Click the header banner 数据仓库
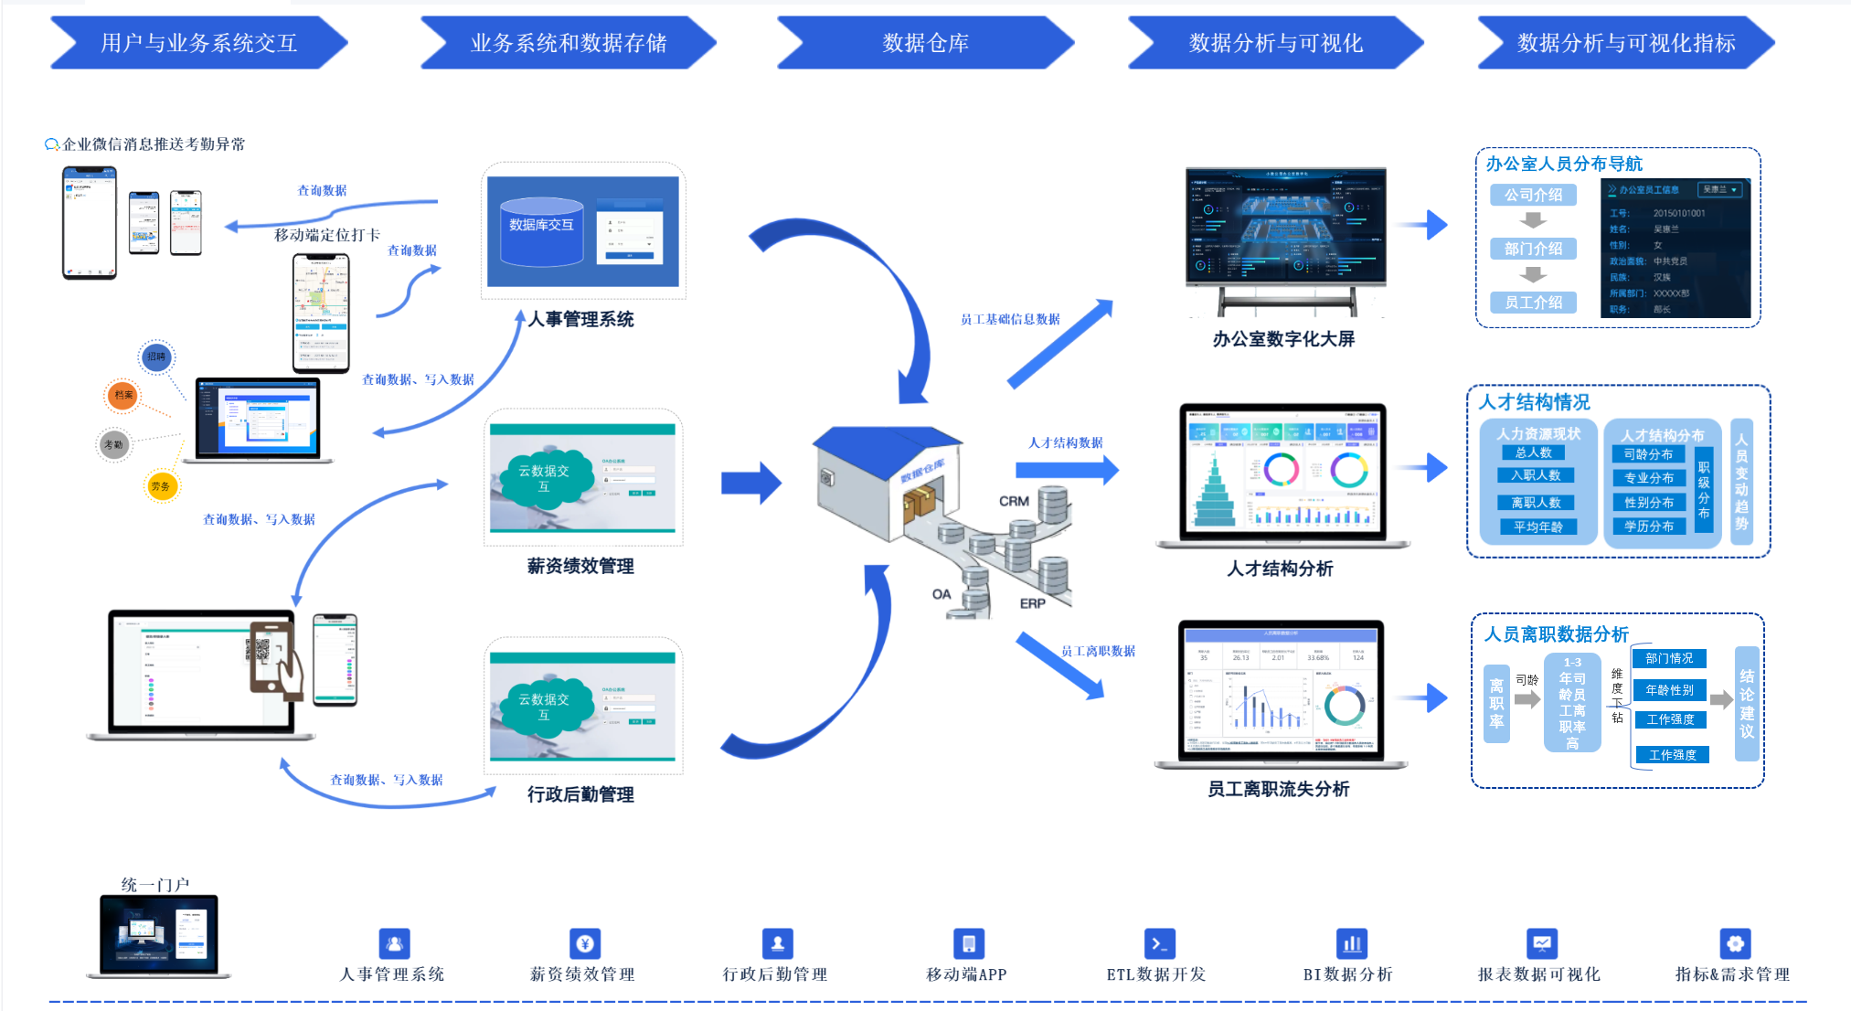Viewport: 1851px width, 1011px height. pyautogui.click(x=925, y=43)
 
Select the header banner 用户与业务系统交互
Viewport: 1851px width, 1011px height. pyautogui.click(x=198, y=43)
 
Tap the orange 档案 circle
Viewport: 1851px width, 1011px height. pyautogui.click(x=122, y=395)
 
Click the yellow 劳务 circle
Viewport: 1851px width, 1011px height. pyautogui.click(x=161, y=486)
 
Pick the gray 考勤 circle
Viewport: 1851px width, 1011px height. pyautogui.click(x=113, y=445)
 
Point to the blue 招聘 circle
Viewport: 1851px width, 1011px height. pyautogui.click(x=156, y=357)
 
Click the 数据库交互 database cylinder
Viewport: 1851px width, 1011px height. pyautogui.click(x=541, y=231)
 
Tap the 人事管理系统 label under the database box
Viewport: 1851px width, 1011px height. pyautogui.click(x=581, y=319)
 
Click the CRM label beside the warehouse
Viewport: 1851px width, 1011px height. pyautogui.click(x=1014, y=501)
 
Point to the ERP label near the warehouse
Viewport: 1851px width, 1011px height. pyautogui.click(x=1032, y=603)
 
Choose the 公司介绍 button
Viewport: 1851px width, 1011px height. pyautogui.click(x=1533, y=195)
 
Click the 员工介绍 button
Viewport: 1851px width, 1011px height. pyautogui.click(x=1533, y=303)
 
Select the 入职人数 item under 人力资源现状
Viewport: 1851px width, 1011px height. pyautogui.click(x=1536, y=475)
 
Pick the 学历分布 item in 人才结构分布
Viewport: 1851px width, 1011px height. pyautogui.click(x=1648, y=527)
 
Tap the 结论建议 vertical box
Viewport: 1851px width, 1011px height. pyautogui.click(x=1746, y=703)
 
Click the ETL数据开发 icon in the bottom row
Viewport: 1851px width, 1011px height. pyautogui.click(x=1159, y=943)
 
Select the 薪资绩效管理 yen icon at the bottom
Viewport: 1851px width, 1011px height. pyautogui.click(x=585, y=943)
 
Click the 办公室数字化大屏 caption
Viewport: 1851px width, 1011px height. pyautogui.click(x=1283, y=339)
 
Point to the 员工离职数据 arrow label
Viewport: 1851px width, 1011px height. pyautogui.click(x=1098, y=651)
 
